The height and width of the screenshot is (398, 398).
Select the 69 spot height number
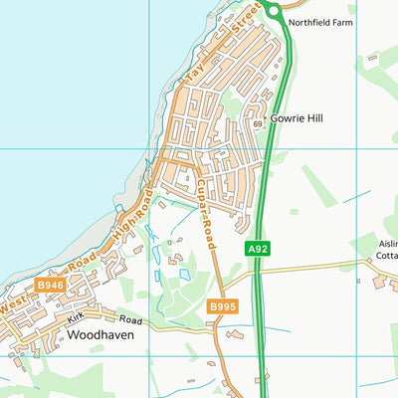point(257,122)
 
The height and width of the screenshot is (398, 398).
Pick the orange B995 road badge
point(222,308)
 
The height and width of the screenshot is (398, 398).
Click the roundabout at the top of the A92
point(273,9)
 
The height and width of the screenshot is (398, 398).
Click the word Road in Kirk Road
point(130,320)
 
